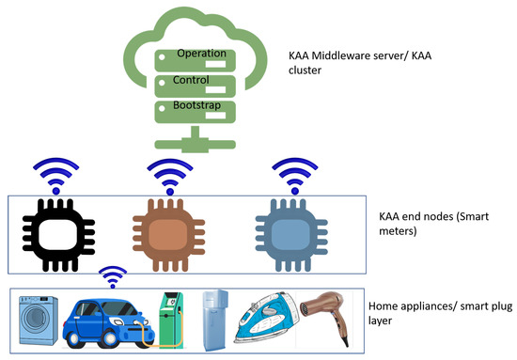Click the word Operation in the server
click(x=199, y=54)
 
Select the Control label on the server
click(x=193, y=80)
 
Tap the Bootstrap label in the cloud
click(x=198, y=105)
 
